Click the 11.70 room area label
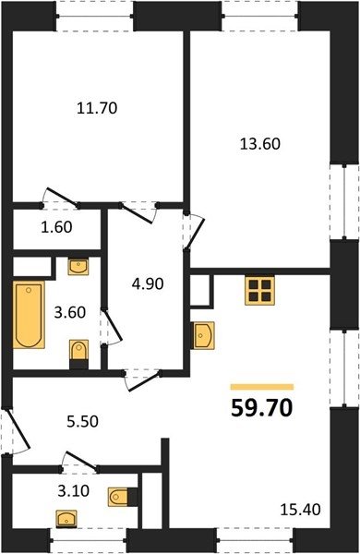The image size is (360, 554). [97, 108]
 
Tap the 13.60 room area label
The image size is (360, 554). [260, 144]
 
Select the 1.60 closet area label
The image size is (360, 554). [57, 227]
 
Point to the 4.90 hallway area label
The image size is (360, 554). [148, 283]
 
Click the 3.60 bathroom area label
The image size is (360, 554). [70, 312]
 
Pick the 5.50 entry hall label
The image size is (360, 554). [82, 421]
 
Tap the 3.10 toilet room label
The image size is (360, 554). [74, 491]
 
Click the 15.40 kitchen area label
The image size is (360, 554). [301, 510]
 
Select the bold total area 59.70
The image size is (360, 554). [262, 408]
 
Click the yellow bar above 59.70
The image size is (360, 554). [262, 387]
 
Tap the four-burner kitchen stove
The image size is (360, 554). [259, 290]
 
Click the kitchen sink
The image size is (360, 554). [202, 335]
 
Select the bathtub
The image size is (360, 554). [29, 315]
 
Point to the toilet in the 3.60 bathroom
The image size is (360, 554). [78, 355]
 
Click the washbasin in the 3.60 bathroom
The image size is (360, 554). [78, 267]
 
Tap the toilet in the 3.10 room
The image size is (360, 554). [123, 497]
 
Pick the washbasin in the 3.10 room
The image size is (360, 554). [66, 519]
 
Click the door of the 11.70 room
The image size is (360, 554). [62, 197]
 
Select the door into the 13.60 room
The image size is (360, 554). [194, 232]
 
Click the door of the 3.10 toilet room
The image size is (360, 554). [80, 461]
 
